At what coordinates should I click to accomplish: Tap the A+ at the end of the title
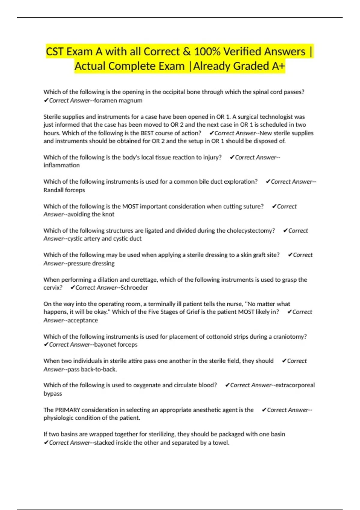(x=278, y=66)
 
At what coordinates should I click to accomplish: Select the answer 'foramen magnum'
(x=118, y=100)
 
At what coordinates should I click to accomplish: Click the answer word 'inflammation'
(x=61, y=165)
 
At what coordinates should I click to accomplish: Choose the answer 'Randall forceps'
(x=64, y=190)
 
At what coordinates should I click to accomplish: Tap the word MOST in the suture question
(x=130, y=206)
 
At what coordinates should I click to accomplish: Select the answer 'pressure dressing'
(x=91, y=263)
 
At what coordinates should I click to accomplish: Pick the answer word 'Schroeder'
(x=134, y=288)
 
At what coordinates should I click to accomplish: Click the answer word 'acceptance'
(x=83, y=320)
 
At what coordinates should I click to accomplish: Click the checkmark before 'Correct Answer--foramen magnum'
(x=46, y=100)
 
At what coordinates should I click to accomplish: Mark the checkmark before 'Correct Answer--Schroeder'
(x=72, y=288)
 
